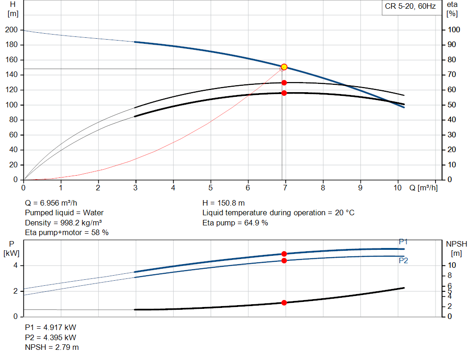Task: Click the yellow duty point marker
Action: click(x=284, y=67)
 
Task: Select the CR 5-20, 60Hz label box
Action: click(x=410, y=7)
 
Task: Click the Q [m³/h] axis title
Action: click(x=423, y=188)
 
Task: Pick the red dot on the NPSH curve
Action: click(x=284, y=303)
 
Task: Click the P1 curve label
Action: click(x=403, y=242)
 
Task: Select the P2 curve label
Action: click(x=403, y=260)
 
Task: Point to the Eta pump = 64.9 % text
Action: click(x=235, y=223)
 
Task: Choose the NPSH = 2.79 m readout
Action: click(x=52, y=347)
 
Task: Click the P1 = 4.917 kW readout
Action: click(x=50, y=327)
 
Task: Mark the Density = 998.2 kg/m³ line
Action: click(x=63, y=223)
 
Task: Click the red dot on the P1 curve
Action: click(x=284, y=254)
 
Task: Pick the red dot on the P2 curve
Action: click(x=284, y=260)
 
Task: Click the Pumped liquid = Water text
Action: click(x=64, y=213)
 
